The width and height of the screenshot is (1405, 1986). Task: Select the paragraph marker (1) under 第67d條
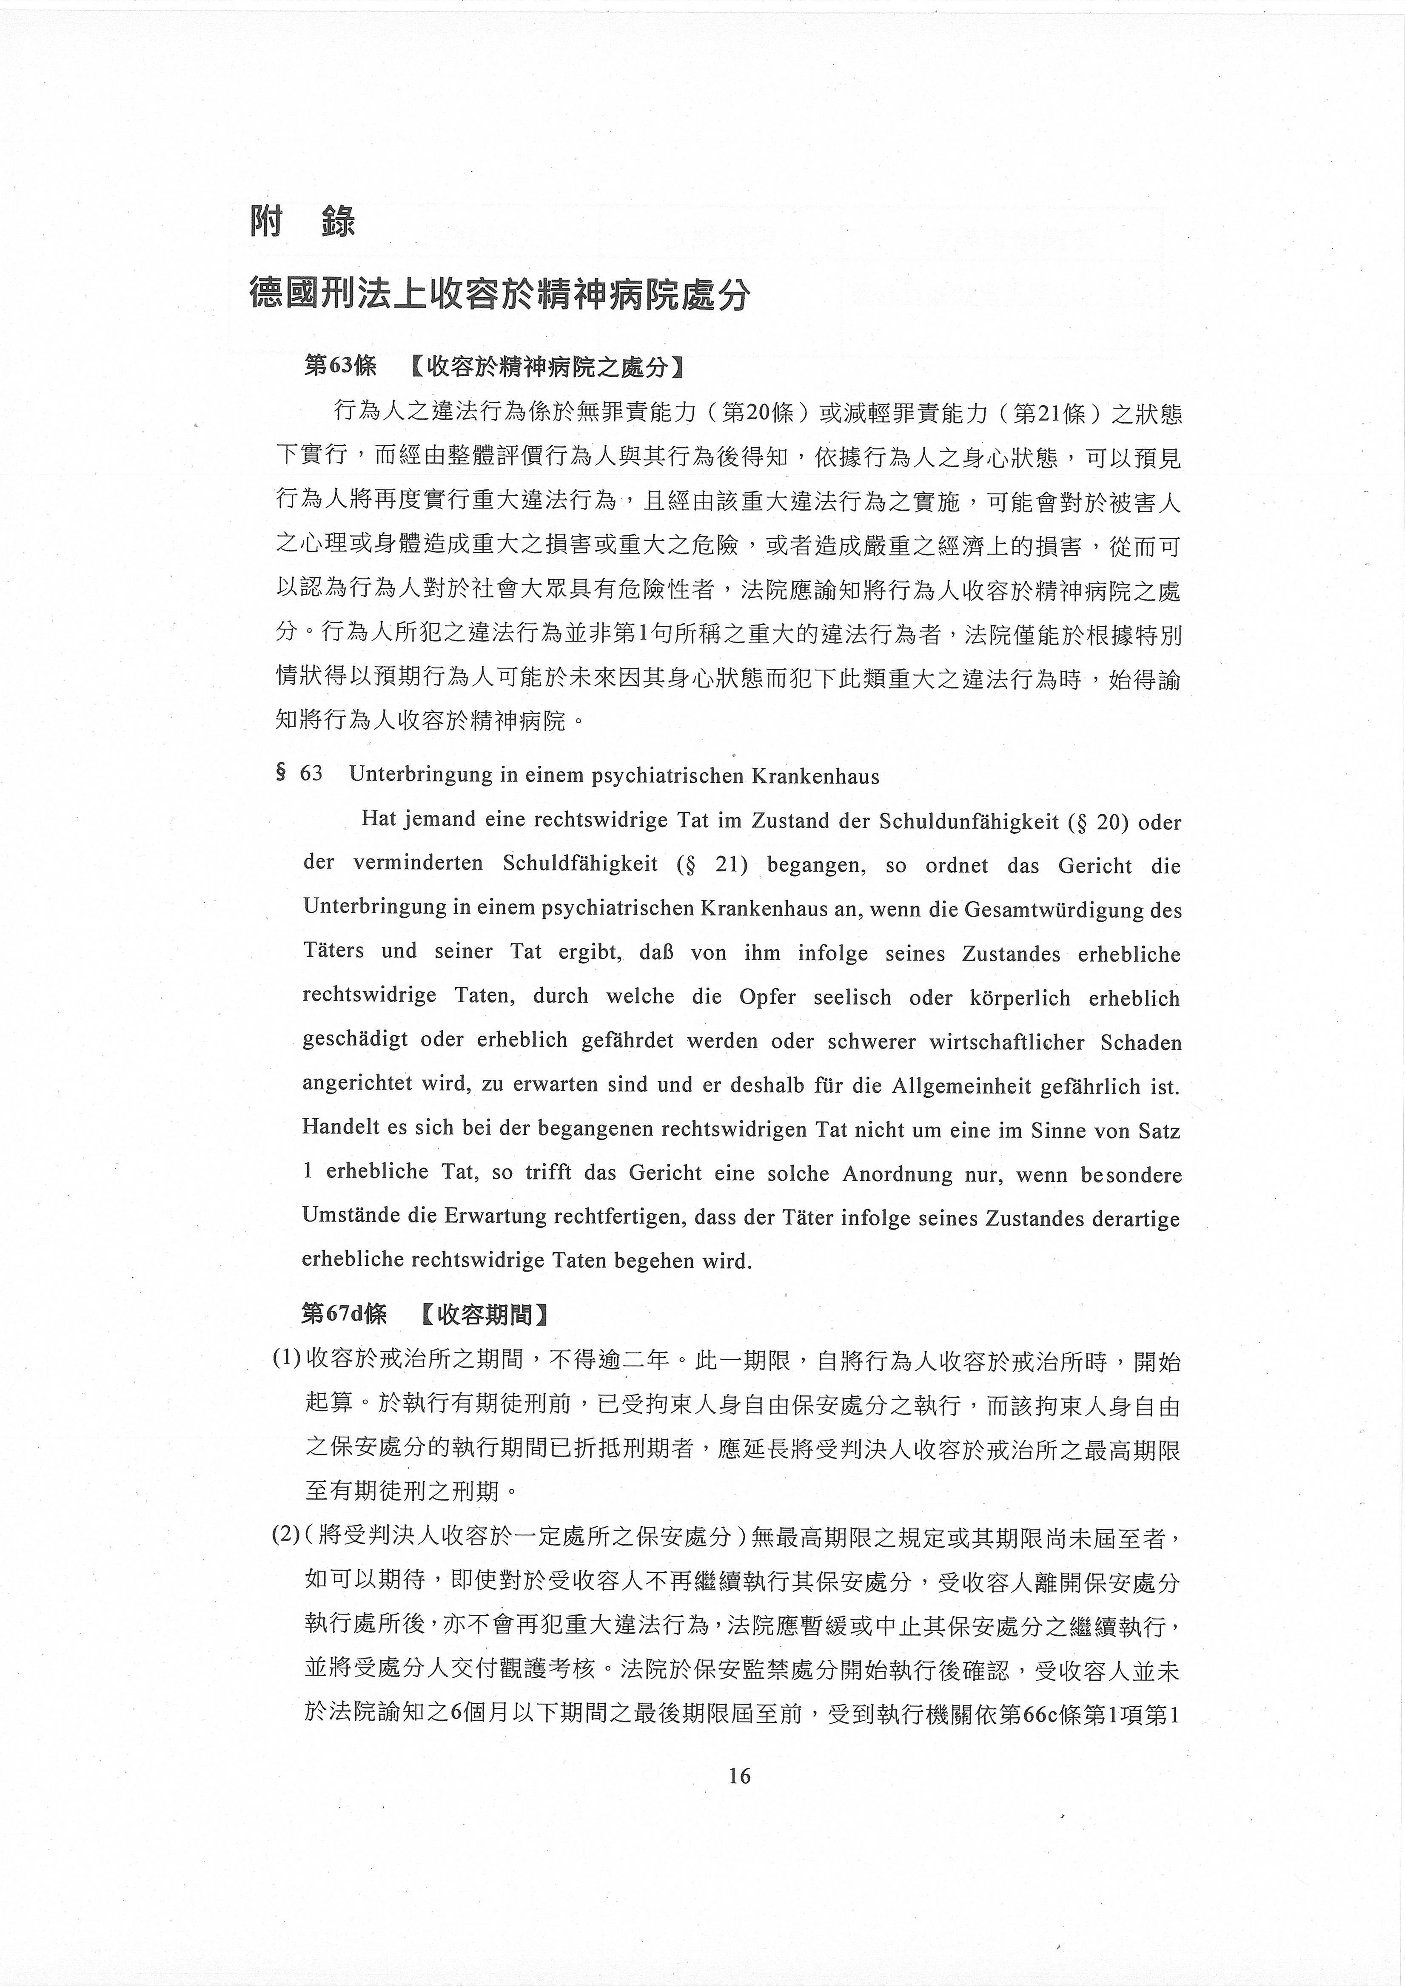point(286,1361)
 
